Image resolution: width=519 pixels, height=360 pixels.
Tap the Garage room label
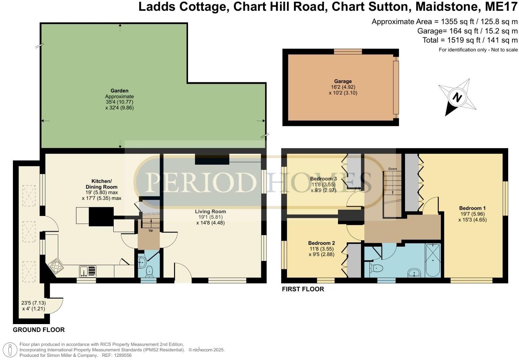[343, 81]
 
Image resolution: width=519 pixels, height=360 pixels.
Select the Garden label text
[119, 91]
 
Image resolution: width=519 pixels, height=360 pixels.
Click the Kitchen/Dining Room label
[101, 184]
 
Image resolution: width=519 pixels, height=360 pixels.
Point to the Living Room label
[210, 211]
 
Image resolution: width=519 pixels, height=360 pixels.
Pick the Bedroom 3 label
[323, 179]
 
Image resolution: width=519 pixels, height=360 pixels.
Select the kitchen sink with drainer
[88, 271]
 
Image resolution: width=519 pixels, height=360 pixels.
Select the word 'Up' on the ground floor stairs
[151, 231]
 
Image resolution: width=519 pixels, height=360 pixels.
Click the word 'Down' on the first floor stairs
[392, 169]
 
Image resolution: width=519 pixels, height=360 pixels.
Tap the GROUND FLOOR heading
[39, 330]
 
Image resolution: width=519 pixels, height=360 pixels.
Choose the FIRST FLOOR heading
[303, 289]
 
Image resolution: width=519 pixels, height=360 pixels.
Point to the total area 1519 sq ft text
[470, 40]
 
